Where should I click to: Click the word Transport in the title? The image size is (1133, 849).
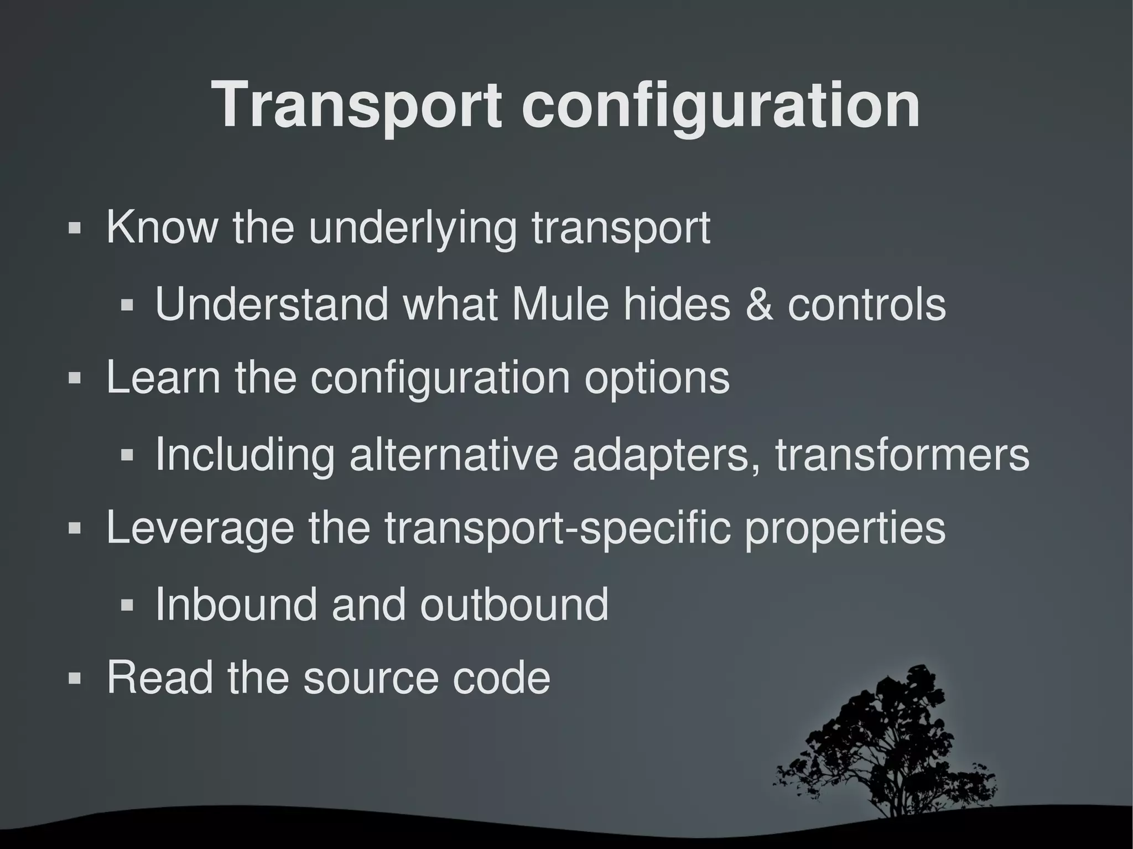357,105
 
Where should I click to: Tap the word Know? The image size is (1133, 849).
162,227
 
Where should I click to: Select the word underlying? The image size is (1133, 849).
412,228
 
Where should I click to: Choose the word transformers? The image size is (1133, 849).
902,455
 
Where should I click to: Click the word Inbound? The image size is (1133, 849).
236,604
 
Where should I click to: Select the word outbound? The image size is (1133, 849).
514,604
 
